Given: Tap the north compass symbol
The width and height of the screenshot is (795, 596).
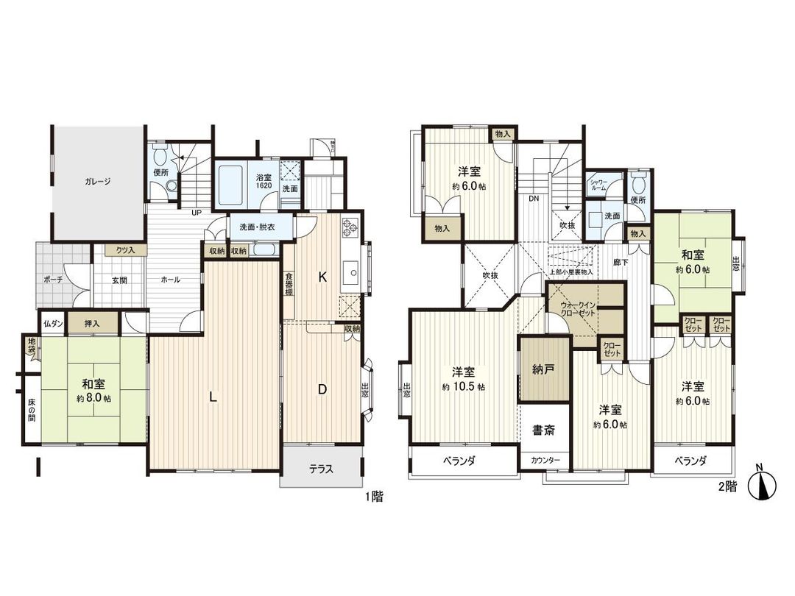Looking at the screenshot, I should click(x=763, y=486).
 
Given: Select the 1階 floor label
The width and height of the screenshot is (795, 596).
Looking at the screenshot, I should click(x=373, y=497).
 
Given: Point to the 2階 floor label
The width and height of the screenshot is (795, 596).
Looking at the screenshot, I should click(x=727, y=486).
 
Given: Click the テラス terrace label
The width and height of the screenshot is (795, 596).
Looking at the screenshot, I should click(x=320, y=469).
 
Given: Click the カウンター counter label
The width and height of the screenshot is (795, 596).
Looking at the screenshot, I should click(x=545, y=461).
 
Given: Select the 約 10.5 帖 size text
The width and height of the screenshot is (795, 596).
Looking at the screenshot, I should click(x=463, y=386).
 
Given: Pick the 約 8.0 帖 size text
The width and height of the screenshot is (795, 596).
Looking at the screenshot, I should click(x=93, y=398).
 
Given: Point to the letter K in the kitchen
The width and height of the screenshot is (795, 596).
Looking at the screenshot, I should click(x=322, y=277).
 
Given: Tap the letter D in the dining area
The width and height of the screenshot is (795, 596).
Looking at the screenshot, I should click(x=322, y=391).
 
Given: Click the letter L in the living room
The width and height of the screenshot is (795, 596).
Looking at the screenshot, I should click(x=212, y=398).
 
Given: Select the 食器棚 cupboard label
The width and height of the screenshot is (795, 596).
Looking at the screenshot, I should click(x=290, y=284).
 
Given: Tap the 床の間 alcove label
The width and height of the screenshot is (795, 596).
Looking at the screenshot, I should click(x=32, y=410).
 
